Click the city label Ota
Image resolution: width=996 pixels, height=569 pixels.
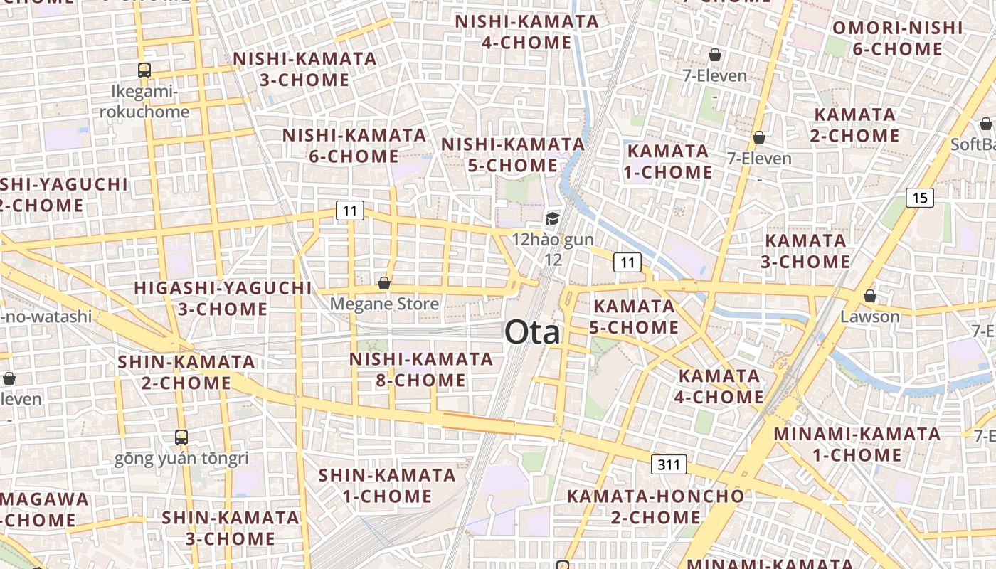(x=532, y=333)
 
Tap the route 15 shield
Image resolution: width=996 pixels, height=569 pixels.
(x=919, y=198)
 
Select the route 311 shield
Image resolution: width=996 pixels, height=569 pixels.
(x=668, y=465)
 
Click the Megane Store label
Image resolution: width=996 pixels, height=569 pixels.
(x=384, y=304)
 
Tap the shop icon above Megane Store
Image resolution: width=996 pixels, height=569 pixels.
(x=384, y=283)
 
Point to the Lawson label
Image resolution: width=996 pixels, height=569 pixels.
(x=869, y=317)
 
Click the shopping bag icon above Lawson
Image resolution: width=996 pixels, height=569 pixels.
(x=869, y=295)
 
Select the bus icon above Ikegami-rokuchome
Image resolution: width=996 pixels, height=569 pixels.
(x=144, y=70)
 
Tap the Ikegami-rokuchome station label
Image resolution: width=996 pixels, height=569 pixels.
(x=144, y=102)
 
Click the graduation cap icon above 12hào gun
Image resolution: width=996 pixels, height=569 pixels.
(x=553, y=218)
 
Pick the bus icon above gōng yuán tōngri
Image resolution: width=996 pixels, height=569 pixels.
(x=181, y=437)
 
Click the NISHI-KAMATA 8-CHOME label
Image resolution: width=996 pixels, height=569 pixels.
(x=421, y=370)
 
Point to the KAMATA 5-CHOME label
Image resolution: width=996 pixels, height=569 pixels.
(x=635, y=317)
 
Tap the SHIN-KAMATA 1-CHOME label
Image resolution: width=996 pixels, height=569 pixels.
(x=387, y=485)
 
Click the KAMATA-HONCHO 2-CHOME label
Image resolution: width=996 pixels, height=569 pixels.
(x=655, y=506)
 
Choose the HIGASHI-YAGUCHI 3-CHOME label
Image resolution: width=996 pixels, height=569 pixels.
(x=223, y=298)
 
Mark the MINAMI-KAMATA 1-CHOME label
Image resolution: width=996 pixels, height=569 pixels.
(x=857, y=444)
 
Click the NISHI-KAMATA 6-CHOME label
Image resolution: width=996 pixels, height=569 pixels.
(x=354, y=145)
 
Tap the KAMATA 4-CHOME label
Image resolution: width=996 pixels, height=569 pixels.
(x=719, y=386)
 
